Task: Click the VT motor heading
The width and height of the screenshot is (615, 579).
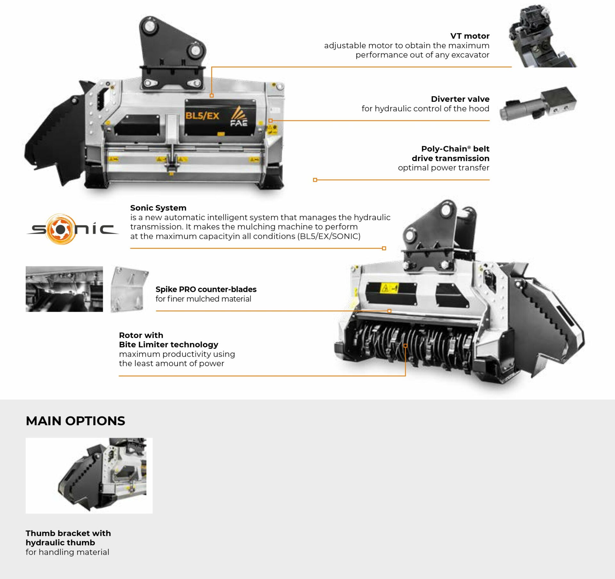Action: click(x=470, y=36)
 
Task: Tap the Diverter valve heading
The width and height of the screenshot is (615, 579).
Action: click(x=460, y=99)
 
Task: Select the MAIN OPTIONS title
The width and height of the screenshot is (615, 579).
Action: click(x=75, y=421)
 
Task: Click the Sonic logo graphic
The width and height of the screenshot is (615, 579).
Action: click(x=72, y=229)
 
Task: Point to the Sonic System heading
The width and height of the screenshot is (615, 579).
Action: click(x=158, y=208)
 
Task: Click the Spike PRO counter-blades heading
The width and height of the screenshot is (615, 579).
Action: click(x=206, y=289)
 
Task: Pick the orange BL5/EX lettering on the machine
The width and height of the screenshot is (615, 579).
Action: click(x=202, y=116)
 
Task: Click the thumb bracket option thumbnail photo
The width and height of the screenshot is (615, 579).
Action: click(x=89, y=476)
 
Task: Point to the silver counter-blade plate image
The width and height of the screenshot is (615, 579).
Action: click(x=129, y=289)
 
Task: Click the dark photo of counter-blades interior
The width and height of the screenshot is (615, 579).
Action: click(x=64, y=289)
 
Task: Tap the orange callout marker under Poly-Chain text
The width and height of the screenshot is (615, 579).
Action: click(x=315, y=180)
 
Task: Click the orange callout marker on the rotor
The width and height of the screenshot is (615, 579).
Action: click(x=406, y=346)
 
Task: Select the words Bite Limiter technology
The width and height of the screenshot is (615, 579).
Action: click(x=168, y=345)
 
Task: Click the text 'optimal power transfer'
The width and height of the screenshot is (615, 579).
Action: click(x=444, y=168)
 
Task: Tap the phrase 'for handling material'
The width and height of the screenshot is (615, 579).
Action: click(x=67, y=552)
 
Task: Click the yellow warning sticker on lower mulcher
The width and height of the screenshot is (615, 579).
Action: click(x=389, y=288)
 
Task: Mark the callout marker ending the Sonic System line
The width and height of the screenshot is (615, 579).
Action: click(x=384, y=248)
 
